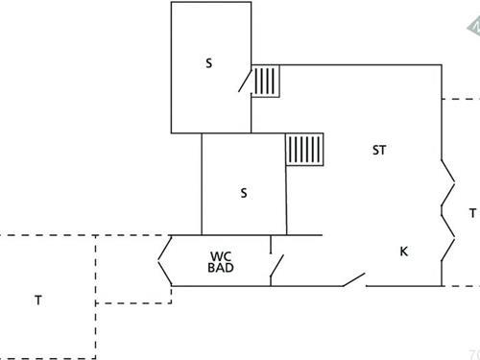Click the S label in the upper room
point(208,64)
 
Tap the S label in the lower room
point(244,193)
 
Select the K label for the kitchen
point(404,252)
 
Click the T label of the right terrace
point(471,213)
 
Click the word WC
point(221,256)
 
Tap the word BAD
point(221,269)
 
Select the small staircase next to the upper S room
point(267,81)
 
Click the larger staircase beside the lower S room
point(306,151)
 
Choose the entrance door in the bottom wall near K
point(352,280)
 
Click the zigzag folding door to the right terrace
point(448,211)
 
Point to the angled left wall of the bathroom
point(163,260)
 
